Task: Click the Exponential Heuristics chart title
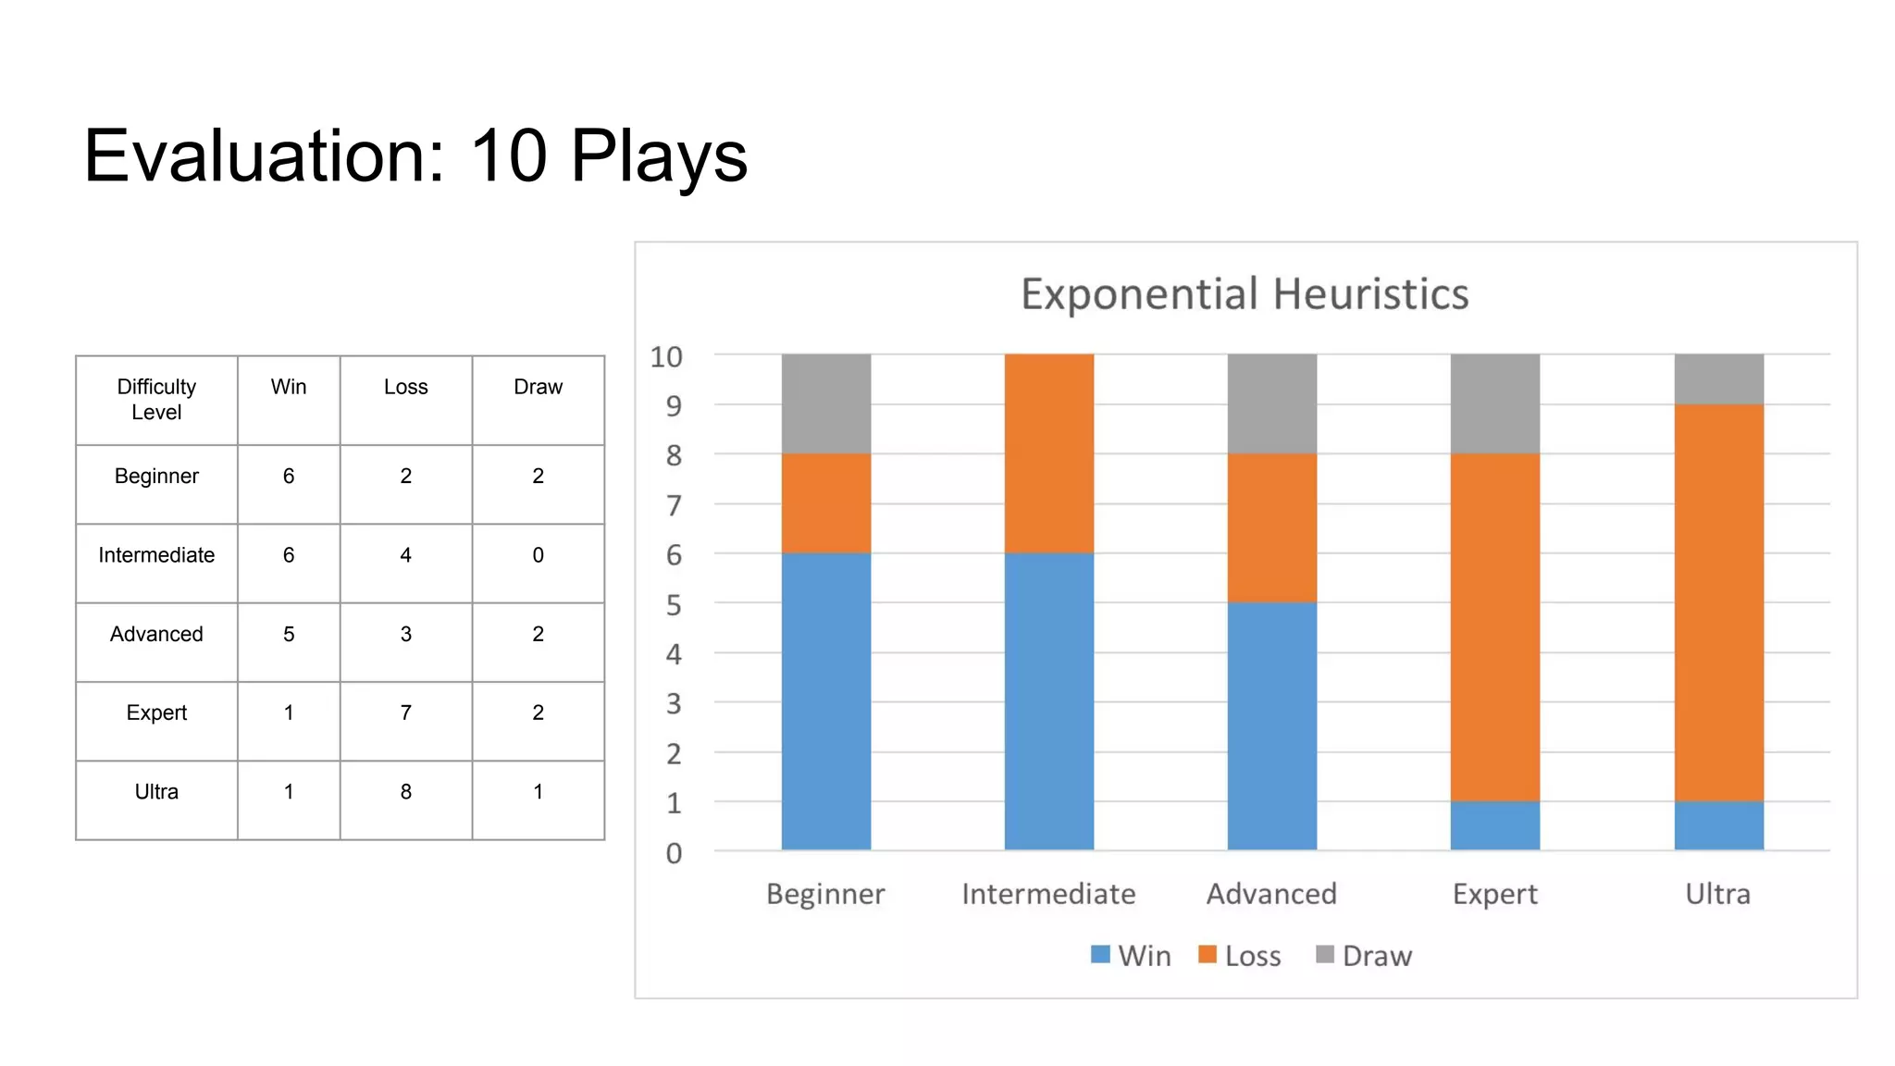pyautogui.click(x=1245, y=294)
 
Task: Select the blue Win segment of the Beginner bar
pyautogui.click(x=825, y=700)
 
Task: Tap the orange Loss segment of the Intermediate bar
pyautogui.click(x=1048, y=453)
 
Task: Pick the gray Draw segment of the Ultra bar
pyautogui.click(x=1718, y=379)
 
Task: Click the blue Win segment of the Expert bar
pyautogui.click(x=1494, y=825)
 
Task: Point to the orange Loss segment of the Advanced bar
pyautogui.click(x=1271, y=527)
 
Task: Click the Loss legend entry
pyautogui.click(x=1240, y=956)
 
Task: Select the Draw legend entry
pyautogui.click(x=1364, y=956)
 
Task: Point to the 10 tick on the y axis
pyautogui.click(x=666, y=356)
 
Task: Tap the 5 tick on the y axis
pyautogui.click(x=674, y=605)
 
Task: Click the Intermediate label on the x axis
pyautogui.click(x=1048, y=894)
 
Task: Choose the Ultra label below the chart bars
pyautogui.click(x=1717, y=894)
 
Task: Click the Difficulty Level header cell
pyautogui.click(x=156, y=399)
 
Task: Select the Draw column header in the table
pyautogui.click(x=538, y=387)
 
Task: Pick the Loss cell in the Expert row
pyautogui.click(x=405, y=713)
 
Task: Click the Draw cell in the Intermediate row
pyautogui.click(x=538, y=555)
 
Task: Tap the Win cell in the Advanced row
pyautogui.click(x=289, y=634)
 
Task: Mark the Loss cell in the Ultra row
pyautogui.click(x=405, y=792)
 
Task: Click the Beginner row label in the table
pyautogui.click(x=156, y=476)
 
